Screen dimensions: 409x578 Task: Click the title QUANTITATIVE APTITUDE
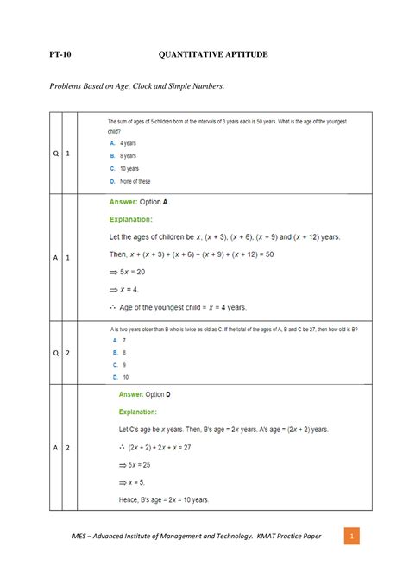213,55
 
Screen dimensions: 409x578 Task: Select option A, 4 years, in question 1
122,143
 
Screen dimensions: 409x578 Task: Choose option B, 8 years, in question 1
122,155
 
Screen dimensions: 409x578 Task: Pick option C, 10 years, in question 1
123,168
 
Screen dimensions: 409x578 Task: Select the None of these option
129,182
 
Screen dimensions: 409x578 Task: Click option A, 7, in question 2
119,341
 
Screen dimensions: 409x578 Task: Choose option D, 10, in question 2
120,377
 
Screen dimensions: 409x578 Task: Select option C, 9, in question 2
119,365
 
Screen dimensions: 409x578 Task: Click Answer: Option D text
144,394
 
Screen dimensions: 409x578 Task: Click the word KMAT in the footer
259,537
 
